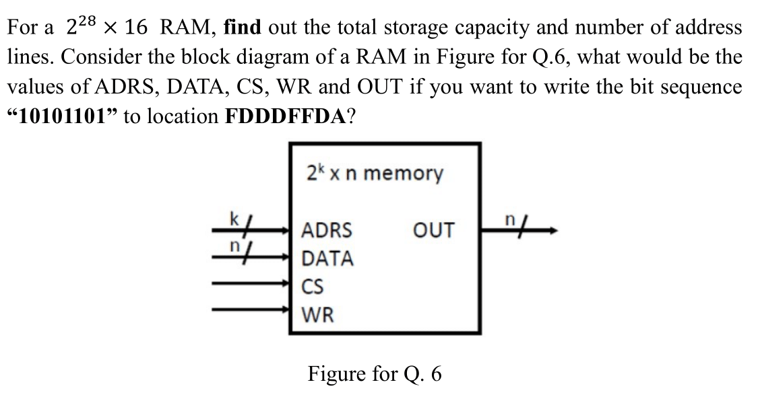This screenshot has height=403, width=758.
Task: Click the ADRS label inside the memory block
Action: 326,231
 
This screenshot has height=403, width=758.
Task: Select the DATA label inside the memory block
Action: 327,258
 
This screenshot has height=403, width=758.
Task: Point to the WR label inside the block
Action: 316,314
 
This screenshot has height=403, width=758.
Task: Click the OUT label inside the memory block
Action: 435,231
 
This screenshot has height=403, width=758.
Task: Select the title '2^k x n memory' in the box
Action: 375,174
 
